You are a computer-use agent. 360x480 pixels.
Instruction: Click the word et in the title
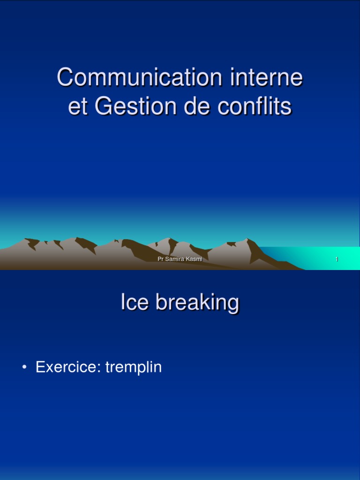coord(78,107)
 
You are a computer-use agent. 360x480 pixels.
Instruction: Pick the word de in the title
coord(187,106)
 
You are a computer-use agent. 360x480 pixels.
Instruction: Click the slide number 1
coord(337,259)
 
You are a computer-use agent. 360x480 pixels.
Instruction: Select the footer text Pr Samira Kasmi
coord(180,259)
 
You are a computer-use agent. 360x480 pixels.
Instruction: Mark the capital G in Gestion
coord(102,106)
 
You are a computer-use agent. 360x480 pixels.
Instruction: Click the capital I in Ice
coord(123,302)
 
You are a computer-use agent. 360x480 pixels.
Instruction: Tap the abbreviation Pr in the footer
coord(160,259)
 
